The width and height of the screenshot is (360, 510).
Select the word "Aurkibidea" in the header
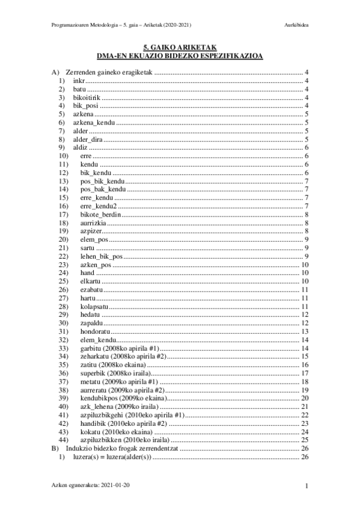click(x=296, y=25)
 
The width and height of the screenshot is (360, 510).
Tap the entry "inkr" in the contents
click(x=78, y=81)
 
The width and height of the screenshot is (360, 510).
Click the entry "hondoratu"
click(x=95, y=331)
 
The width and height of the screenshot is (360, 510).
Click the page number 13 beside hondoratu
click(x=305, y=331)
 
